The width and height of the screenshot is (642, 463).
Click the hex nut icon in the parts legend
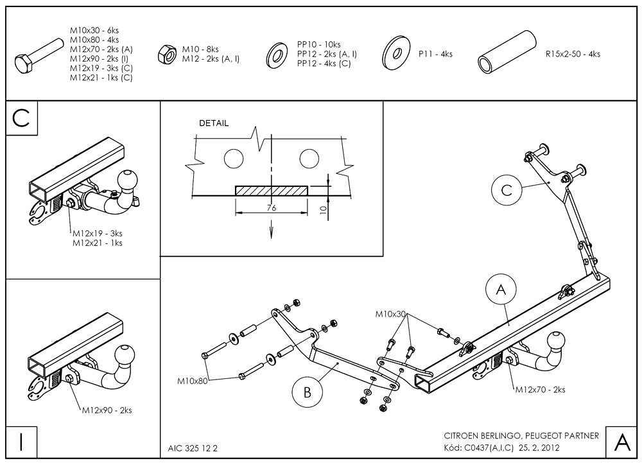click(167, 55)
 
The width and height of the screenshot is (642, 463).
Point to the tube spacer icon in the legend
click(507, 53)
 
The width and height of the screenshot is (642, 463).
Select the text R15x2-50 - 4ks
click(573, 55)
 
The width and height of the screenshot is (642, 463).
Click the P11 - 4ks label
click(435, 55)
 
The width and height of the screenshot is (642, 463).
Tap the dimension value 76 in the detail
click(272, 208)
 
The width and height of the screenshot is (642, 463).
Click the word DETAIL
click(214, 123)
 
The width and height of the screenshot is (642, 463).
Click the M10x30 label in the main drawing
click(391, 314)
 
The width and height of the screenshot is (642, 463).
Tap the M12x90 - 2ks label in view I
click(107, 410)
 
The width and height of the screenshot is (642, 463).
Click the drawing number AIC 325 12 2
click(193, 446)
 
